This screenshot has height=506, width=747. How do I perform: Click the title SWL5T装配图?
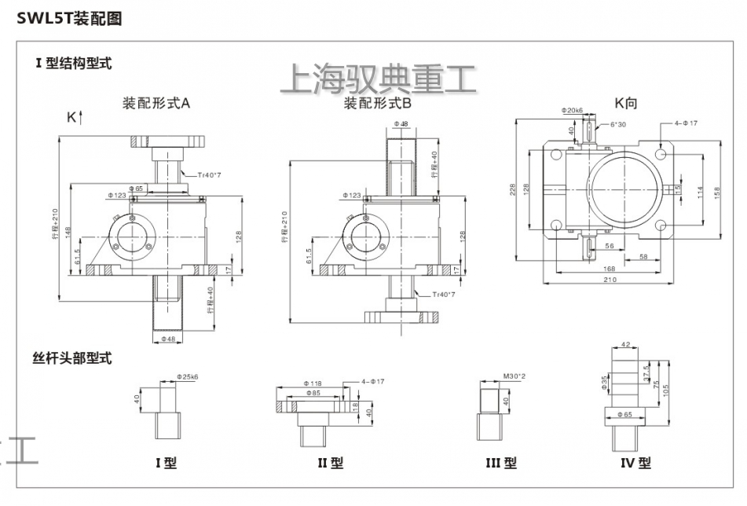tap(70, 18)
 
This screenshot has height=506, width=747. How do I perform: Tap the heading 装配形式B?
tap(377, 103)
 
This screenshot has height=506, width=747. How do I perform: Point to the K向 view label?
tap(628, 103)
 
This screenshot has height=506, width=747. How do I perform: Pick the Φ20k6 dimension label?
tap(572, 112)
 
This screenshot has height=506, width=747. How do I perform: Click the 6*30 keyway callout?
tap(618, 124)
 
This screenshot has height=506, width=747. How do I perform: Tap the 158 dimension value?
tap(716, 192)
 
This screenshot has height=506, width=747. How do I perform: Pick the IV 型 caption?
tap(635, 463)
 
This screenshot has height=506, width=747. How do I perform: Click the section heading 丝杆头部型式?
tap(71, 358)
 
